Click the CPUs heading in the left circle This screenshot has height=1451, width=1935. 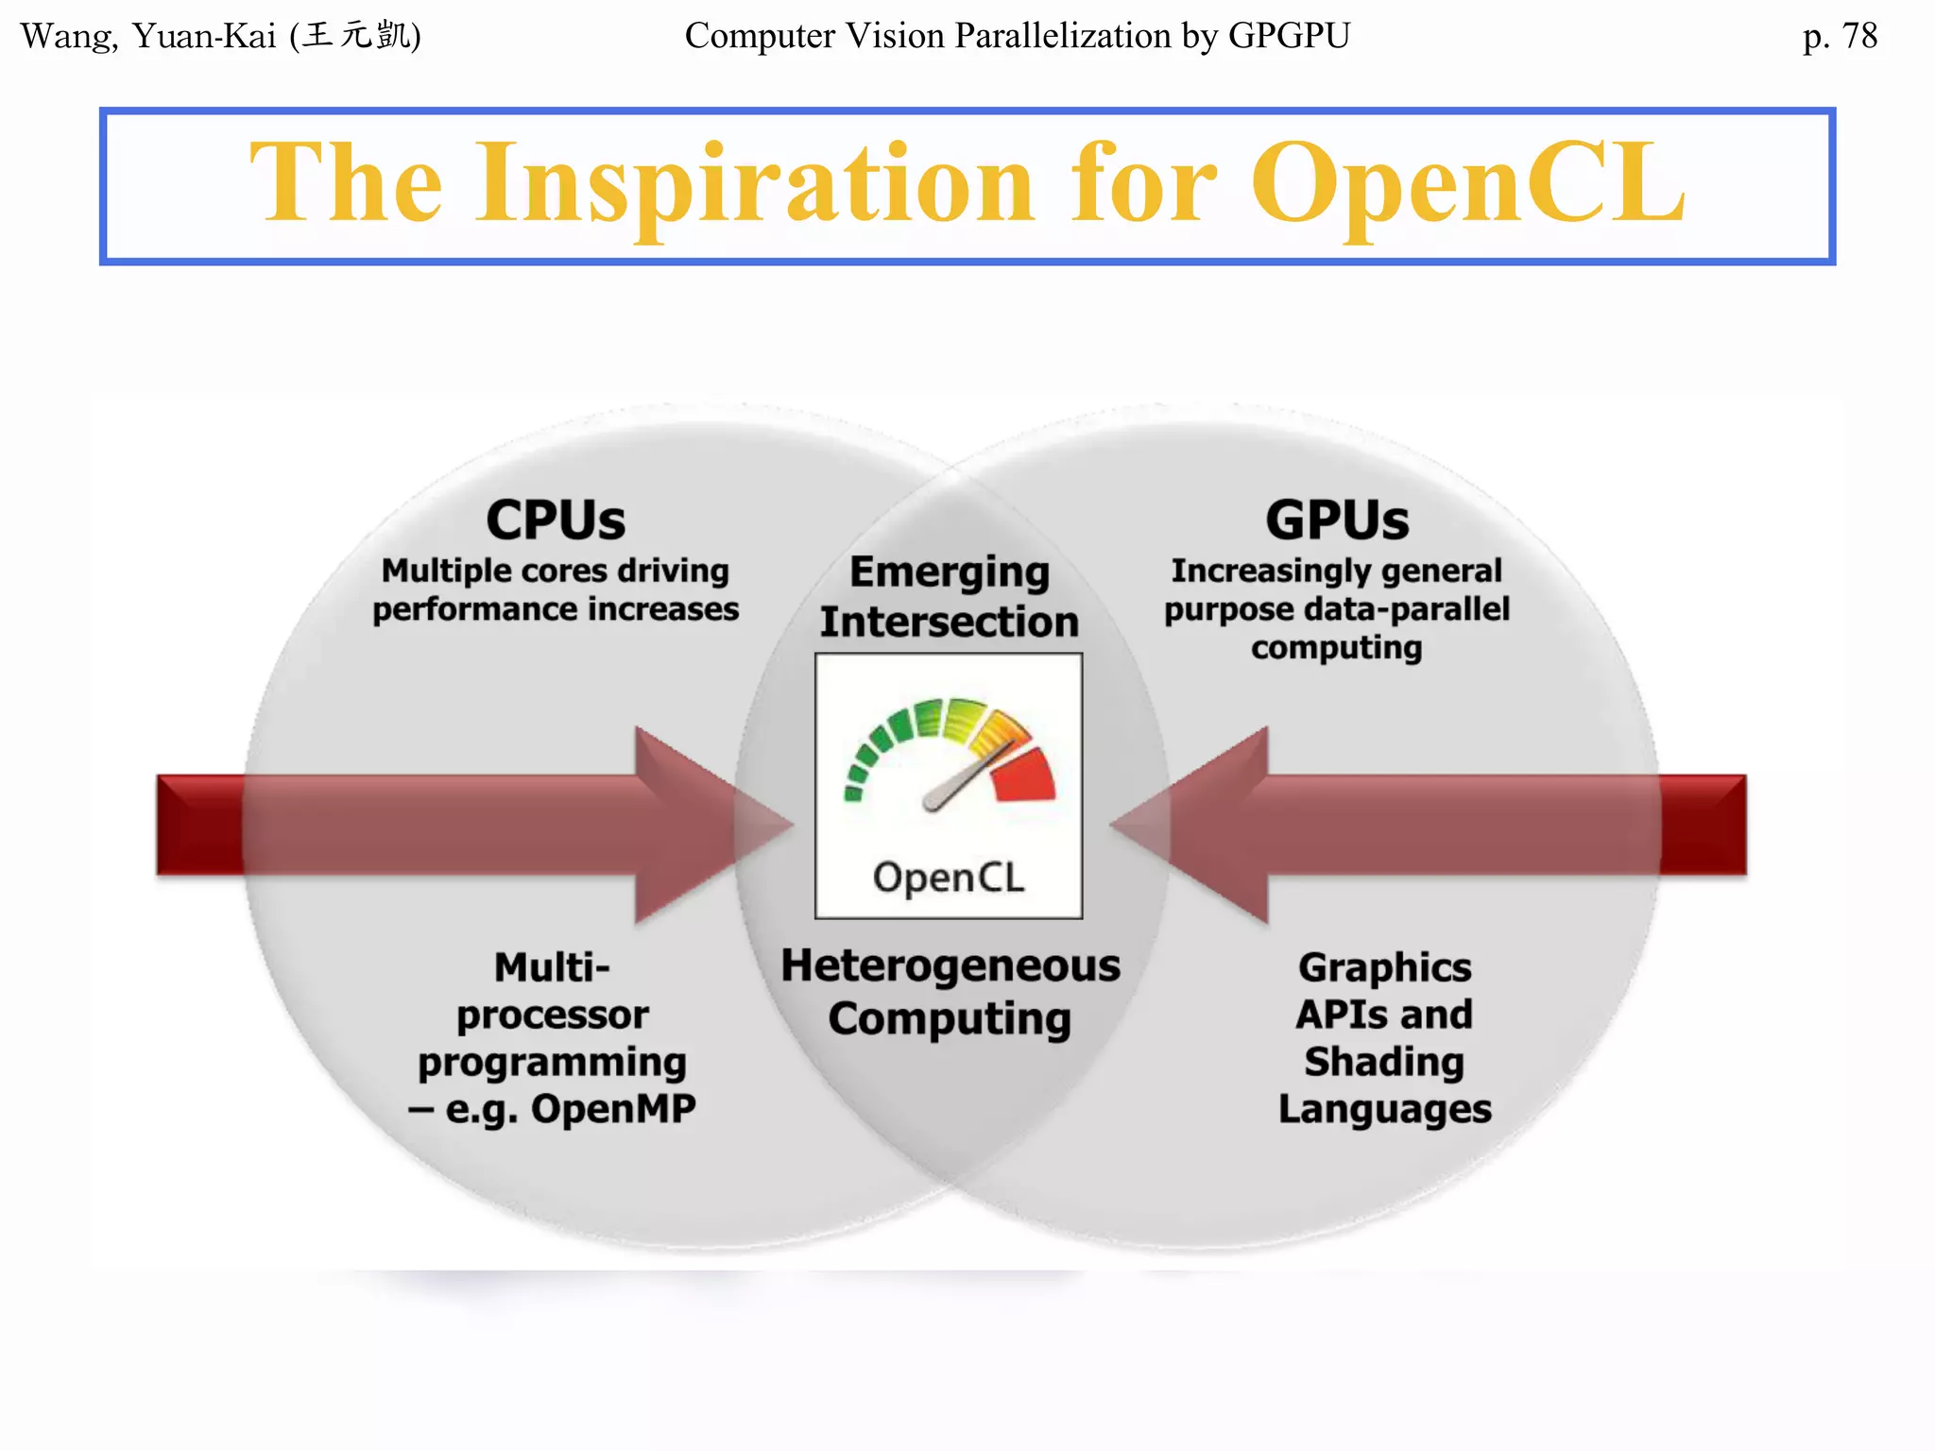(x=556, y=521)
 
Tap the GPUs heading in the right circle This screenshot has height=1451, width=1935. (x=1337, y=521)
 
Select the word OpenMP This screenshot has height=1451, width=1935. (x=613, y=1109)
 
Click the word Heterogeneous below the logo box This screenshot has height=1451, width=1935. (x=950, y=966)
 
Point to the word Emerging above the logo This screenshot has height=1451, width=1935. (x=950, y=572)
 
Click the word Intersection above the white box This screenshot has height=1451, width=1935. (x=950, y=623)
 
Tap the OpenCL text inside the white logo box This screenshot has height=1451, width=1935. (x=949, y=878)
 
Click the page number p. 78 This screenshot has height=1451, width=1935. (x=1839, y=36)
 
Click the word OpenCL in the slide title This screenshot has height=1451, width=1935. (x=1467, y=183)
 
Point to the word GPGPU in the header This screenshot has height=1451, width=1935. (x=1289, y=36)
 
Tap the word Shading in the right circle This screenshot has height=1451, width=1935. (x=1384, y=1062)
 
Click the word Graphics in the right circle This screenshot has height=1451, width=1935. (x=1384, y=967)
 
